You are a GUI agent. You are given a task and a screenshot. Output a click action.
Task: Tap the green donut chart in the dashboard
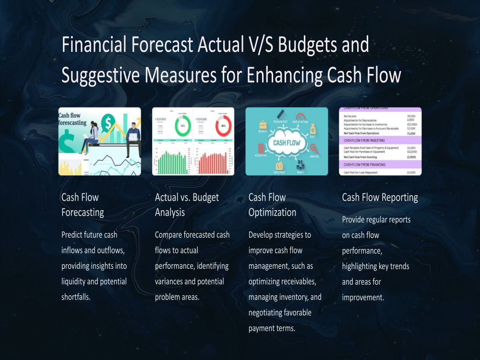coord(182,126)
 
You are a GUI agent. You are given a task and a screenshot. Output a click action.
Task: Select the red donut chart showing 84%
coord(223,126)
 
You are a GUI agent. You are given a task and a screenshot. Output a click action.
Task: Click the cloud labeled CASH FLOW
coord(287,143)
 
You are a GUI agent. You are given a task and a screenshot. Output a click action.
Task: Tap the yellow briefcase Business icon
coord(263,124)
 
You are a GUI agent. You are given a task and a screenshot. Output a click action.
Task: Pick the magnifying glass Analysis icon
coord(314,149)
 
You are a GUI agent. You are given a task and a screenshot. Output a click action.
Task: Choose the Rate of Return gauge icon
coord(301,117)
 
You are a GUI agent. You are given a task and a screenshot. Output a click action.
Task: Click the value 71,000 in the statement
coord(410,134)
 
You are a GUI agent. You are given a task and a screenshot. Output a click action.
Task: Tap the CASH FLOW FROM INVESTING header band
coord(380,140)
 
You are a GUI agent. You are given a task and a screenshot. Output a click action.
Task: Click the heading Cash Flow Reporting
coord(380,197)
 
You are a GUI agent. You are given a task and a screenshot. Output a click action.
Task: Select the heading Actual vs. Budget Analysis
coord(187,204)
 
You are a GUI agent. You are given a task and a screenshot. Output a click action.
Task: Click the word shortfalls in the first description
coord(76,297)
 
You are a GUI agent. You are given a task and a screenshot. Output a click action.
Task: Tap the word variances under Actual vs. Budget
coord(170,281)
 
